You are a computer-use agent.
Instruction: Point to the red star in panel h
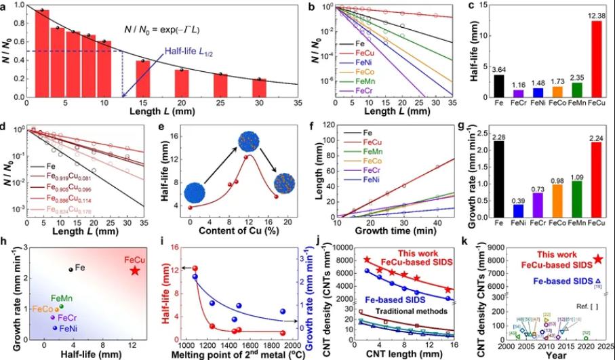coord(135,271)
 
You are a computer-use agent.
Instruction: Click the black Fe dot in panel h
coord(71,269)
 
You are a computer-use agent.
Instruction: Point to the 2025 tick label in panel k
coord(606,344)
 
